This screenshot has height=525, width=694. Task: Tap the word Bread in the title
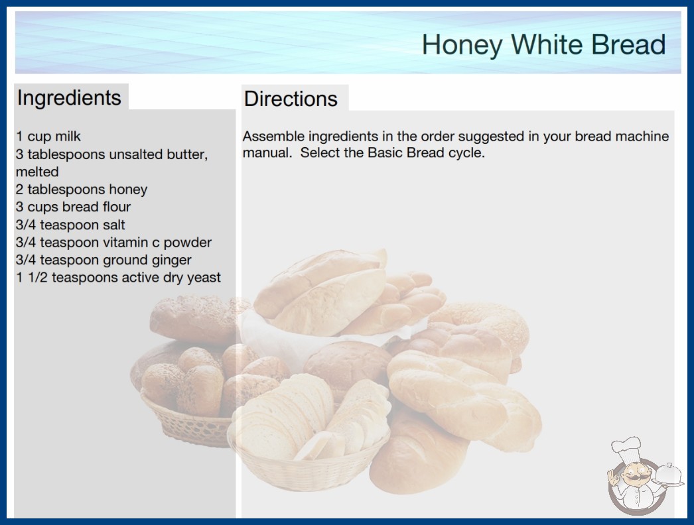pyautogui.click(x=628, y=44)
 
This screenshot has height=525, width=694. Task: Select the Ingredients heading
pyautogui.click(x=69, y=98)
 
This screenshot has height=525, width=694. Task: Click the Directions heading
pyautogui.click(x=291, y=99)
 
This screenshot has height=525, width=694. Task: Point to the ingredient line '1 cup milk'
pyautogui.click(x=48, y=137)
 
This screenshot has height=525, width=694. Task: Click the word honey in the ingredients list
pyautogui.click(x=128, y=190)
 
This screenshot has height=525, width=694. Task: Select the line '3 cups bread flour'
pyautogui.click(x=73, y=207)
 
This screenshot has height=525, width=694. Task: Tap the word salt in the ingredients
pyautogui.click(x=113, y=225)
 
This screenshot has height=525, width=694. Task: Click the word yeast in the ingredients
pyautogui.click(x=204, y=278)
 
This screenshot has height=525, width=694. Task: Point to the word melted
pyautogui.click(x=37, y=172)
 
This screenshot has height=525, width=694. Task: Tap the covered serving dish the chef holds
pyautogui.click(x=668, y=475)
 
